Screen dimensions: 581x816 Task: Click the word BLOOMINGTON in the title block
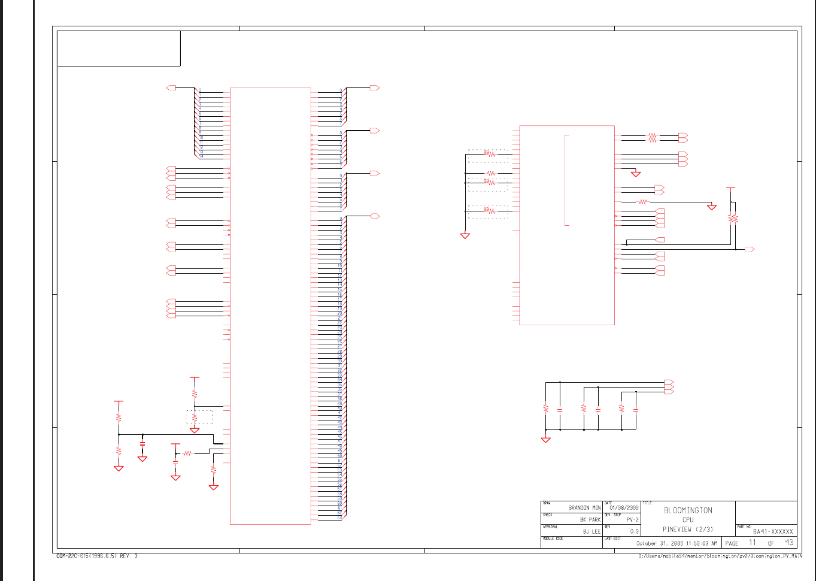click(688, 510)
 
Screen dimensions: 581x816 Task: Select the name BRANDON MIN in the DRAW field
click(584, 508)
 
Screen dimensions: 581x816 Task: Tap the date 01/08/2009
click(624, 508)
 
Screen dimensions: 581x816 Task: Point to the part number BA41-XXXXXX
click(773, 531)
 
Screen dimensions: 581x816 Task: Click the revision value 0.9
click(634, 531)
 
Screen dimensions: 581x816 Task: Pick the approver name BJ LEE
click(591, 531)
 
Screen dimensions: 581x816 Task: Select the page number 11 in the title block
click(753, 543)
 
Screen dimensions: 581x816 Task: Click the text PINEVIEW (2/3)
click(688, 529)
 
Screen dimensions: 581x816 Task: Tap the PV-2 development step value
click(632, 520)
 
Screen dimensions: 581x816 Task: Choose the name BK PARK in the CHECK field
click(590, 520)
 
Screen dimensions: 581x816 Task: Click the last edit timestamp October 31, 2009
click(676, 543)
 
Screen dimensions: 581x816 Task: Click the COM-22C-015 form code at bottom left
click(96, 556)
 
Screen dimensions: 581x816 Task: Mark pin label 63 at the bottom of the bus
click(339, 518)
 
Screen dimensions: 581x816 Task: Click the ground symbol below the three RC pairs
click(545, 440)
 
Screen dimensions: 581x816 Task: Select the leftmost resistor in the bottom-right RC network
click(545, 408)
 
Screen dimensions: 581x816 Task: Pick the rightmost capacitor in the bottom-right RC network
click(636, 410)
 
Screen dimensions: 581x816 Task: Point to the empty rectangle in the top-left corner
click(119, 48)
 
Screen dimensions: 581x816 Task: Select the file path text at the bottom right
click(720, 556)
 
